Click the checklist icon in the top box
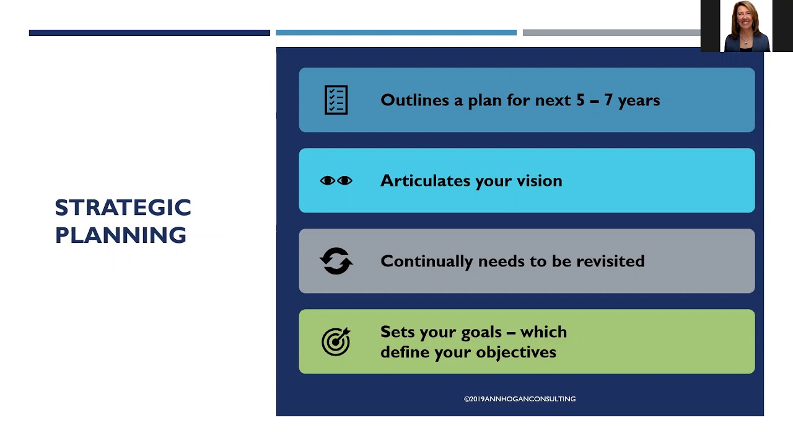click(336, 100)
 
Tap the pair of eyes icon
click(336, 180)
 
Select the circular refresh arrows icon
click(336, 261)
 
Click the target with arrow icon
click(336, 341)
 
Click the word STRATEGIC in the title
click(123, 208)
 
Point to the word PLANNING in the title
click(121, 235)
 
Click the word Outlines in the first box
click(415, 100)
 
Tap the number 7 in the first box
click(608, 100)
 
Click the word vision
click(539, 180)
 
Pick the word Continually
click(427, 261)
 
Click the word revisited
click(610, 261)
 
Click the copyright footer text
click(520, 399)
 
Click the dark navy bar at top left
click(149, 33)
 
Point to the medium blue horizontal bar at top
click(396, 33)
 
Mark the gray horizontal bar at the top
click(611, 33)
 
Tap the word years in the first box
click(639, 100)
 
